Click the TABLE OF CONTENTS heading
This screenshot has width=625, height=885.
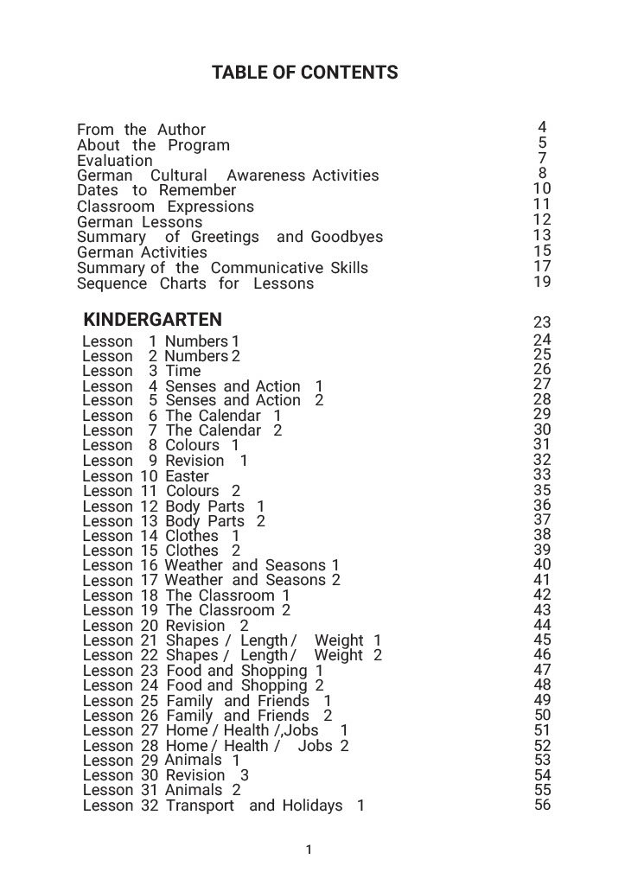(x=304, y=73)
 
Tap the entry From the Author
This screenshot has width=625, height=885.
(x=141, y=131)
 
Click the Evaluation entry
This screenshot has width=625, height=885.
(x=114, y=161)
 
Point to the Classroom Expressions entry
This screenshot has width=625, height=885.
(x=165, y=207)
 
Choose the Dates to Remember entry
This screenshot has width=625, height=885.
(x=156, y=190)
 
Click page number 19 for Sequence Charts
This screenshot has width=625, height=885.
(x=542, y=282)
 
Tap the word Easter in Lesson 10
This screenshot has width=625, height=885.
(x=188, y=476)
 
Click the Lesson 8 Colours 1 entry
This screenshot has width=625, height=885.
(x=161, y=446)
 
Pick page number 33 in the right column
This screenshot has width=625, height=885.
(x=542, y=474)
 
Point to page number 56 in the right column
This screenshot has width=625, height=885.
(x=542, y=805)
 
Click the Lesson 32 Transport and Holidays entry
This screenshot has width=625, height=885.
(x=223, y=805)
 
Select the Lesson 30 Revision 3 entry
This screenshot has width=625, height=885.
(x=165, y=775)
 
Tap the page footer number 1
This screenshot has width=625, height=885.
(x=309, y=850)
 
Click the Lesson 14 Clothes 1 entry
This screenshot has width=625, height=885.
(x=161, y=536)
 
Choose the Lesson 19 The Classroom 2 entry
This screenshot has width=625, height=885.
(x=186, y=610)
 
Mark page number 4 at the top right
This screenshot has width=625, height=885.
(x=542, y=128)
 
